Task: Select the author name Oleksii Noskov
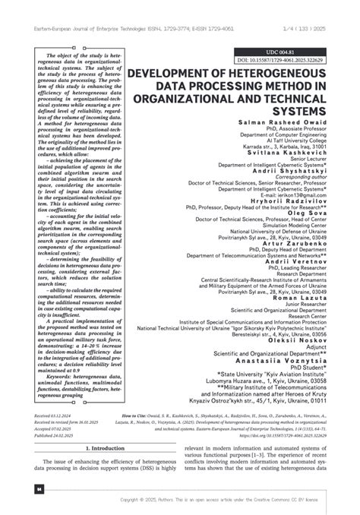coord(299,362)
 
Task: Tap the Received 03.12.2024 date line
coord(54,417)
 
